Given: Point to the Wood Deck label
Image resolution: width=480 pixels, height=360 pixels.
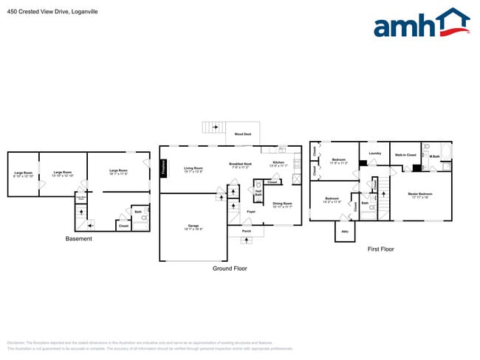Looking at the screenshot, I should coord(242,135).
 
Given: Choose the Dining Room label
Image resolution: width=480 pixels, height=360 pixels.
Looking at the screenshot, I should coord(283,204).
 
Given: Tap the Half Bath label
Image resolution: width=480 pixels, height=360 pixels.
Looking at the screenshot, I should coord(258,193).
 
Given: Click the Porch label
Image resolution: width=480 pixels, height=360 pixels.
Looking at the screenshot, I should coord(247,231).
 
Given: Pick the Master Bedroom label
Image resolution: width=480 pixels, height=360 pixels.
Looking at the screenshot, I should coord(420,195).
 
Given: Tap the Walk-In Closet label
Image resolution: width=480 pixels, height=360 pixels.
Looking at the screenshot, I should coord(405,156).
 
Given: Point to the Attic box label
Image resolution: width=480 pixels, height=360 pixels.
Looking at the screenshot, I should coord(344,231).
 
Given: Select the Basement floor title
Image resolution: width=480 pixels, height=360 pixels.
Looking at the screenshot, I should coord(78,239).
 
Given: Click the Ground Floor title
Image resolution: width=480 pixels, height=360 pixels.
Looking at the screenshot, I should coord(230,269).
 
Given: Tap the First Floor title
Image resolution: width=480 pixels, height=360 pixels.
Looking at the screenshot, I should coord(380,249).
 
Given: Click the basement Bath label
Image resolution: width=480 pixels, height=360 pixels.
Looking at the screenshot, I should coord(138,212).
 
